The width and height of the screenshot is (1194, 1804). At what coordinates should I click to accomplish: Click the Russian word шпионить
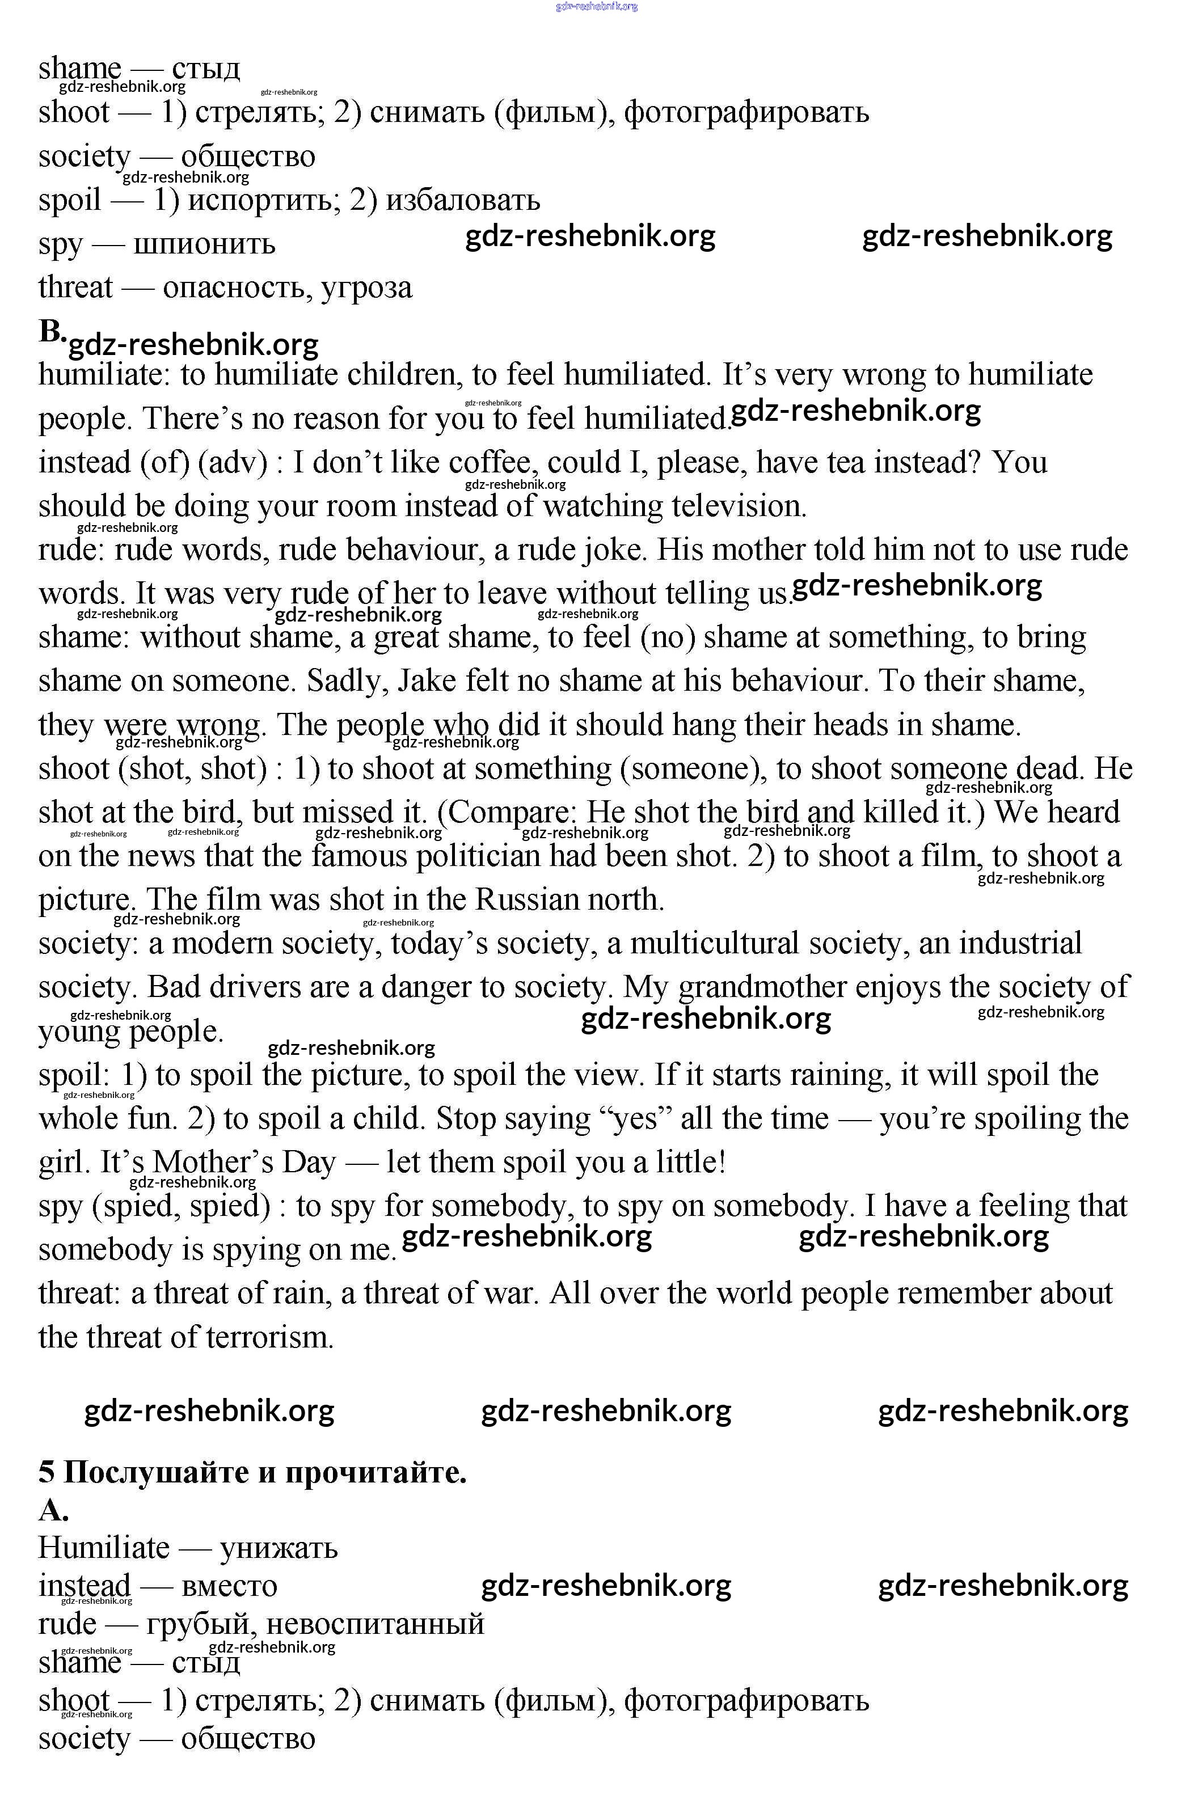[x=204, y=245]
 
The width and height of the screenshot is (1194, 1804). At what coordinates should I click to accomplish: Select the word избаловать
[x=462, y=201]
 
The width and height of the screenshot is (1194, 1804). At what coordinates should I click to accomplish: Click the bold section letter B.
[x=52, y=332]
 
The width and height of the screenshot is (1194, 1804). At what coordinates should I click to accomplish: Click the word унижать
[x=279, y=1548]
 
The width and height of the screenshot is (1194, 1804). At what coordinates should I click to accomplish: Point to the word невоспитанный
[x=376, y=1624]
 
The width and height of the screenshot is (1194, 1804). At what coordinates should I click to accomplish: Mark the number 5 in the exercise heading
[x=47, y=1473]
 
